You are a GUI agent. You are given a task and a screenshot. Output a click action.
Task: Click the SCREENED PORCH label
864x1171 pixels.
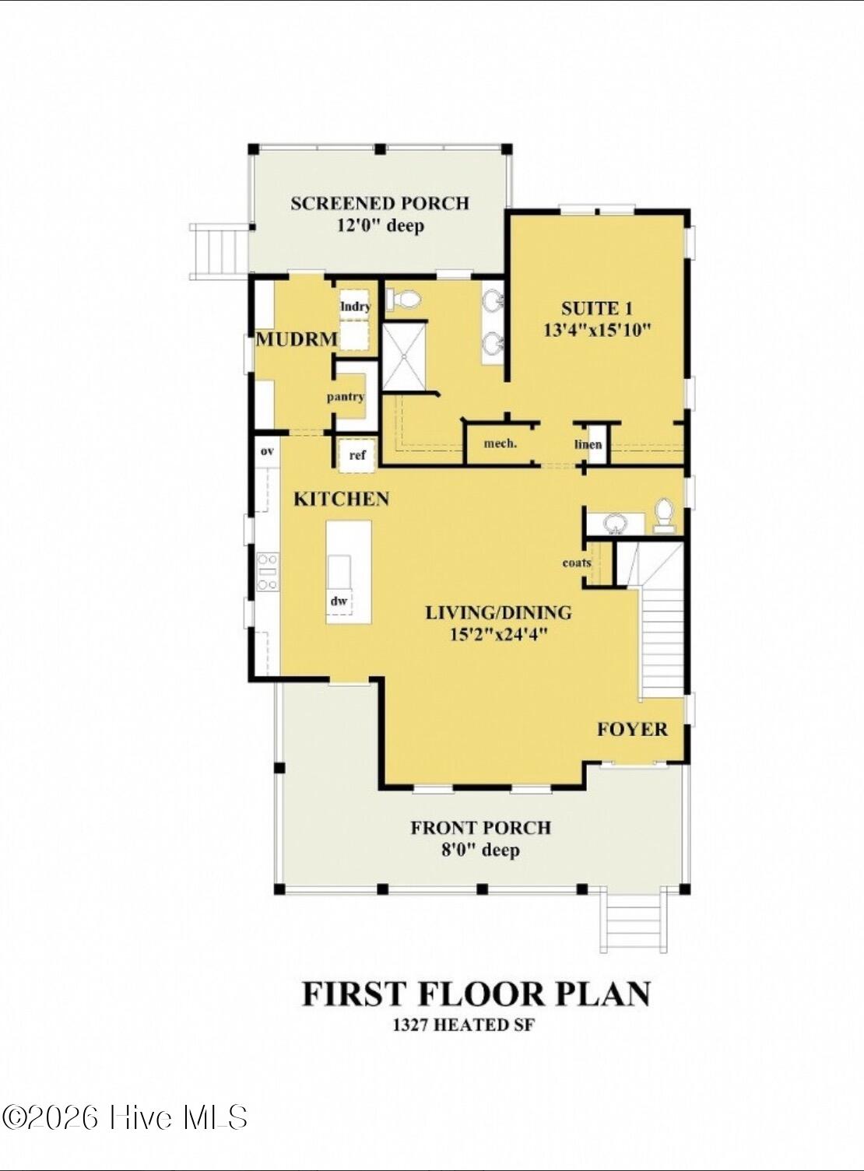(380, 203)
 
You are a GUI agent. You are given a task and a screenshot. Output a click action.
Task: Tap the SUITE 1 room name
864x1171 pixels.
(596, 308)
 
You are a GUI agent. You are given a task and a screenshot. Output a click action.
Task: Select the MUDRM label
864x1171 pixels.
(297, 339)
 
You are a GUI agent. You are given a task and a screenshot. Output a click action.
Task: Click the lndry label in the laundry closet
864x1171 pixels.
(356, 307)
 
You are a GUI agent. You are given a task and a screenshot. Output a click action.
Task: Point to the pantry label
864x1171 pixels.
(346, 397)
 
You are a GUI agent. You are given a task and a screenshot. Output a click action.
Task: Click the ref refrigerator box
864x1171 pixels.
(357, 454)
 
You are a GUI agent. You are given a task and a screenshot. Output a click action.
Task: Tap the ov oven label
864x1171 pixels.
(267, 451)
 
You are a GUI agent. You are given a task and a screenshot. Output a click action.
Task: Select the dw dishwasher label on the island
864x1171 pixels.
(339, 601)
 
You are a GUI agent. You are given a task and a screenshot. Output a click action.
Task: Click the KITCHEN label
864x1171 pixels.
(341, 499)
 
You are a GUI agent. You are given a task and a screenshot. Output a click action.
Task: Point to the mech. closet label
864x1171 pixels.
(500, 444)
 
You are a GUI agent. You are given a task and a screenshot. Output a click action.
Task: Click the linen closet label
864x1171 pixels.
(588, 444)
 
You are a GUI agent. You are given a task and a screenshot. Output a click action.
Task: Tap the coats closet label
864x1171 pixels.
(577, 563)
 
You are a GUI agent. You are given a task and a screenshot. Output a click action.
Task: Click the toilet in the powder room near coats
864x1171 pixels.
(664, 515)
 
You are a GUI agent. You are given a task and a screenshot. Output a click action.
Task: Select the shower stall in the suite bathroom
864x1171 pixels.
(404, 356)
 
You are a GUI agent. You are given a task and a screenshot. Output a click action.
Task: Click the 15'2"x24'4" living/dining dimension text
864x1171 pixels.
(498, 634)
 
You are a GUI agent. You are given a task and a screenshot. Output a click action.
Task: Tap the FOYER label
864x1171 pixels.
(632, 729)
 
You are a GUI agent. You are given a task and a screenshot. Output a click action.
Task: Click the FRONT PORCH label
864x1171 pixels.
(480, 828)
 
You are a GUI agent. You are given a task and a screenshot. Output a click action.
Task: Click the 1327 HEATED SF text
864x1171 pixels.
(463, 1025)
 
